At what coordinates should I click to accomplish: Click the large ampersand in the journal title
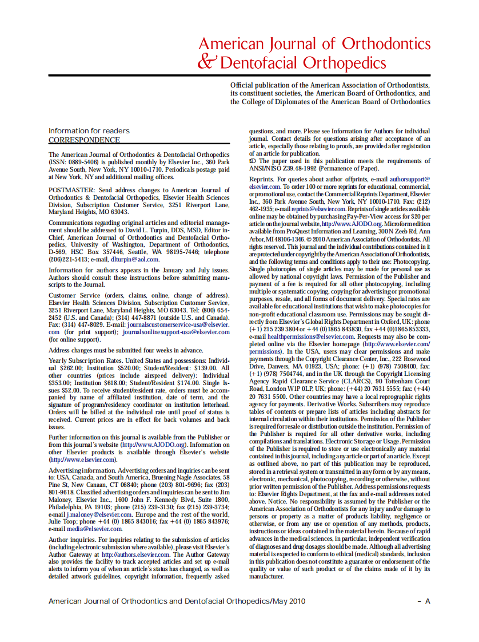coord(207,62)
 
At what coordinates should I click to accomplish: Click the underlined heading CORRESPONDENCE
coord(84,140)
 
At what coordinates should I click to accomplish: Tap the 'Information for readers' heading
coord(89,131)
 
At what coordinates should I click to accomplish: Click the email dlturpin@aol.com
coord(135,259)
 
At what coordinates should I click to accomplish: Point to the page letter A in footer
coord(428,601)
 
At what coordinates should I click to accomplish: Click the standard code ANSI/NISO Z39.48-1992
coord(281,169)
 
